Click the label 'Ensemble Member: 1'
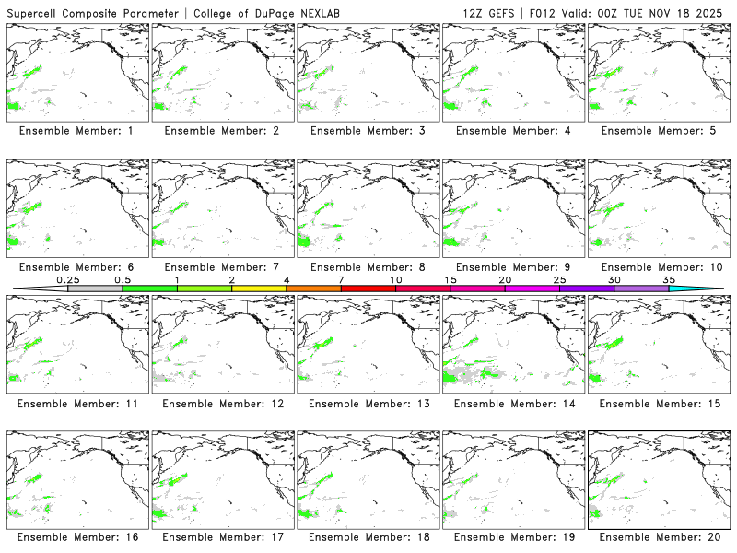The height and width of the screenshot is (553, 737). (x=76, y=131)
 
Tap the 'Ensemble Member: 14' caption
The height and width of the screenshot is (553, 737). (x=513, y=404)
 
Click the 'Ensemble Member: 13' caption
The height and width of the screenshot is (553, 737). (x=368, y=404)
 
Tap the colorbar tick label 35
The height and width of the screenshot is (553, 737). (x=669, y=279)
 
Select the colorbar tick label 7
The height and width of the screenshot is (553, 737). (x=341, y=279)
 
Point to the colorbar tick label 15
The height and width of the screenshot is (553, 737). (x=450, y=279)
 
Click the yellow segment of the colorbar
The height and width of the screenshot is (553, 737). (x=259, y=288)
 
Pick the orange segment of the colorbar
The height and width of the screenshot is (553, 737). (x=313, y=288)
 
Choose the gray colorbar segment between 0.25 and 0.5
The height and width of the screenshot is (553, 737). (x=95, y=288)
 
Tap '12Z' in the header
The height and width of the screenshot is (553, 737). (x=474, y=13)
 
